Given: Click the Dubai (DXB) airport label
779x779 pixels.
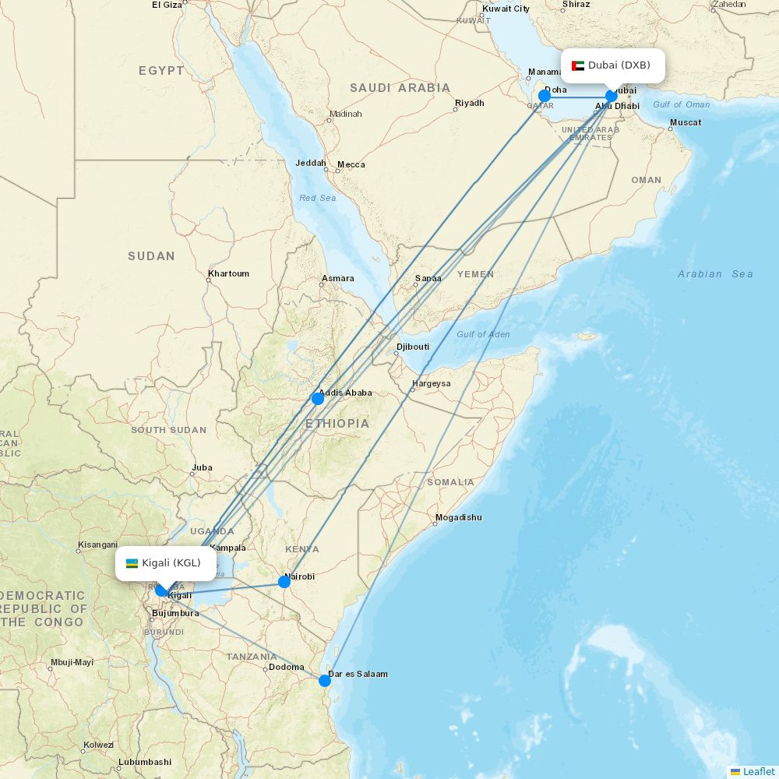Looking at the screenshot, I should click(x=619, y=65).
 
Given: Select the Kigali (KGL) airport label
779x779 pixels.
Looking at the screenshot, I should click(x=171, y=562).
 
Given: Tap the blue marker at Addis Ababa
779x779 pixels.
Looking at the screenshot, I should click(x=318, y=399).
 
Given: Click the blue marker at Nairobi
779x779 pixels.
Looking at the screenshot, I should click(x=284, y=582).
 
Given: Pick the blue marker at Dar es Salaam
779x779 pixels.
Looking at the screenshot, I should click(x=325, y=681).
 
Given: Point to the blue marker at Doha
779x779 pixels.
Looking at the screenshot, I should click(x=545, y=96).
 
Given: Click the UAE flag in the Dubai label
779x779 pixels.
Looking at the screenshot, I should click(x=578, y=65).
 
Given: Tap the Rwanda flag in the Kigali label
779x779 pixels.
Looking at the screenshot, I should click(x=132, y=563).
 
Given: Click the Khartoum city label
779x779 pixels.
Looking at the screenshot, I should click(x=228, y=274).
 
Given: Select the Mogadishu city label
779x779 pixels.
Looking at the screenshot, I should click(x=458, y=518).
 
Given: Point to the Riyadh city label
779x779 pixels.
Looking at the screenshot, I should click(x=470, y=104).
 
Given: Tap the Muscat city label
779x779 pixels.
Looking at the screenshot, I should click(x=686, y=123).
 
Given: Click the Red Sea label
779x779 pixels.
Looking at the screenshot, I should click(x=318, y=199).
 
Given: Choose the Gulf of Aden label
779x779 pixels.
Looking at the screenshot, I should click(x=483, y=334).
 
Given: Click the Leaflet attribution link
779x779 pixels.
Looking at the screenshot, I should click(x=758, y=771).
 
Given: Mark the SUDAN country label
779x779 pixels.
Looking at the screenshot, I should click(x=151, y=256).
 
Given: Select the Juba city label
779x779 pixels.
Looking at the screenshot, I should click(x=202, y=468).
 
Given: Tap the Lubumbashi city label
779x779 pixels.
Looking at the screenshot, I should click(x=145, y=762).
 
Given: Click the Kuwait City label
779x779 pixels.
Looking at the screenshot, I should click(x=506, y=9).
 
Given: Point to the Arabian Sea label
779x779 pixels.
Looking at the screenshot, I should click(x=715, y=274).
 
